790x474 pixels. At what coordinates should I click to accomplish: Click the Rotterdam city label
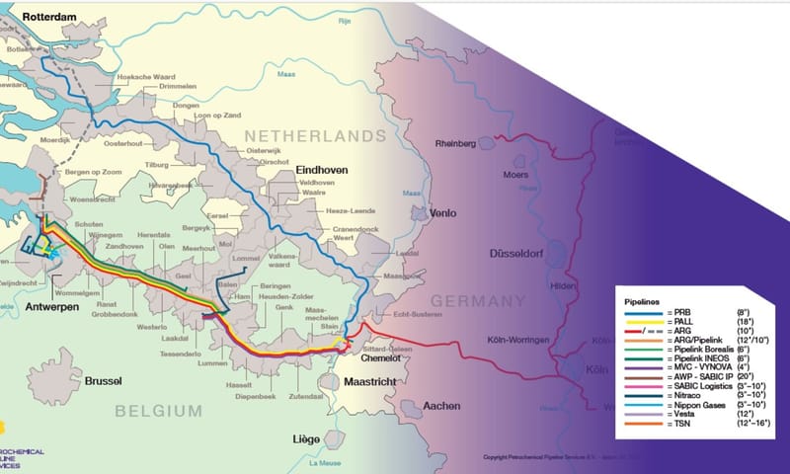[x=43, y=16]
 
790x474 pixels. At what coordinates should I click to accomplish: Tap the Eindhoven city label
[x=322, y=171]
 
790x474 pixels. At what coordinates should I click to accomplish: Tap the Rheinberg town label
[x=456, y=144]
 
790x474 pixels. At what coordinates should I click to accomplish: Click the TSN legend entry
[x=681, y=432]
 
